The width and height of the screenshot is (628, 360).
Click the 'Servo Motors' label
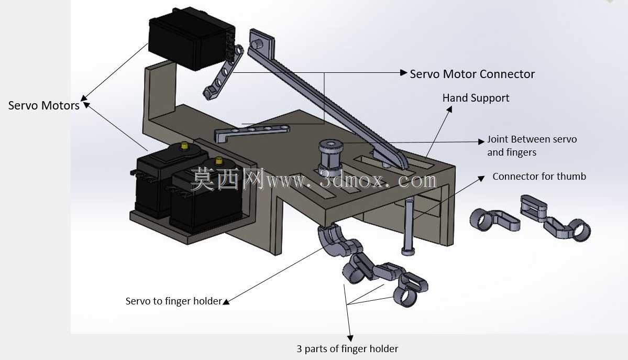click(43, 105)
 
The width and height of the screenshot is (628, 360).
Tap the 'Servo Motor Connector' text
click(472, 74)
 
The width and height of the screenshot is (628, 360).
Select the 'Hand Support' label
click(476, 98)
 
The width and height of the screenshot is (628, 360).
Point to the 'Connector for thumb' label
click(539, 177)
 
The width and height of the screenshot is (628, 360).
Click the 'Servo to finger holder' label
click(173, 301)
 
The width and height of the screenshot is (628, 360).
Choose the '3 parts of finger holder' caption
click(347, 349)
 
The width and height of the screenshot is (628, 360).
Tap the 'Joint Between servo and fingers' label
click(532, 146)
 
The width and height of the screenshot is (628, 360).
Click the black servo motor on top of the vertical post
click(192, 39)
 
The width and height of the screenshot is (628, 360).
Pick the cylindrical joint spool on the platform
click(330, 156)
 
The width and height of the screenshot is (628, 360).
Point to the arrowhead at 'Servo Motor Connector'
click(404, 72)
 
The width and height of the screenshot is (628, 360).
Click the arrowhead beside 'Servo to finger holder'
click(226, 302)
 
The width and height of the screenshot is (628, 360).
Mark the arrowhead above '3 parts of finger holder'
click(350, 339)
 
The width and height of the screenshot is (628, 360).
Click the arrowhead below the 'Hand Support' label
click(449, 109)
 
